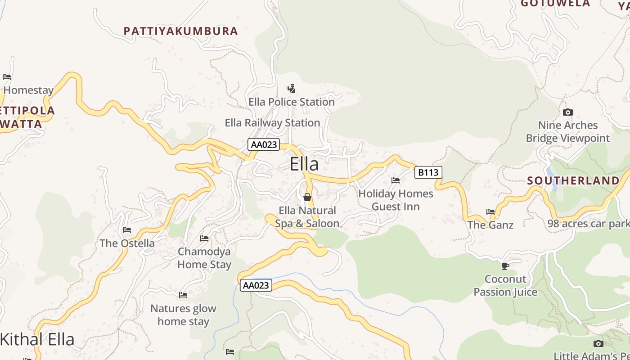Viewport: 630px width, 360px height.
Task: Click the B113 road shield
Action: click(428, 172)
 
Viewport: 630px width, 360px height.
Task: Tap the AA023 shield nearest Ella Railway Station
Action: click(264, 144)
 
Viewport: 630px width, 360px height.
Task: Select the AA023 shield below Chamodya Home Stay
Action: click(256, 285)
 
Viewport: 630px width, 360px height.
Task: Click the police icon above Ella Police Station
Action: click(292, 88)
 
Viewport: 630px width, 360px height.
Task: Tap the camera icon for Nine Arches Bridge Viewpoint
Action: click(568, 112)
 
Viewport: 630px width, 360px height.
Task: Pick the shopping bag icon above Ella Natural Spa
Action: click(307, 197)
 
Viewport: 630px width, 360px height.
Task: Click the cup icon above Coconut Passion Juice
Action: click(505, 266)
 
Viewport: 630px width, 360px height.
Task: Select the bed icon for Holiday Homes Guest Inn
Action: click(396, 180)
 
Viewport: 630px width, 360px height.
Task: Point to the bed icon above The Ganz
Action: click(490, 211)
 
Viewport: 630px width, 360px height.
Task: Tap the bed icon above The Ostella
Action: click(127, 230)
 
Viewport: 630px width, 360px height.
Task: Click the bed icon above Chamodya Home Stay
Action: click(204, 238)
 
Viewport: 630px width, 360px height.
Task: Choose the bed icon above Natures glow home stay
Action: click(183, 295)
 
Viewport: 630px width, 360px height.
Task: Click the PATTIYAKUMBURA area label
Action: click(180, 31)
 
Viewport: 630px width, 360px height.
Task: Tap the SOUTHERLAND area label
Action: click(573, 181)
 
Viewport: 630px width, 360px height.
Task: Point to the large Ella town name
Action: click(304, 164)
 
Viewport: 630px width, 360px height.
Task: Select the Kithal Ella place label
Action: click(37, 339)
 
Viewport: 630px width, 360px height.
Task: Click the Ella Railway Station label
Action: click(272, 122)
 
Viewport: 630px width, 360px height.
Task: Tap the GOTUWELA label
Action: click(555, 4)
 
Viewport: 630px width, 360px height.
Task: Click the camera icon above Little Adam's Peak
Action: click(598, 344)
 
